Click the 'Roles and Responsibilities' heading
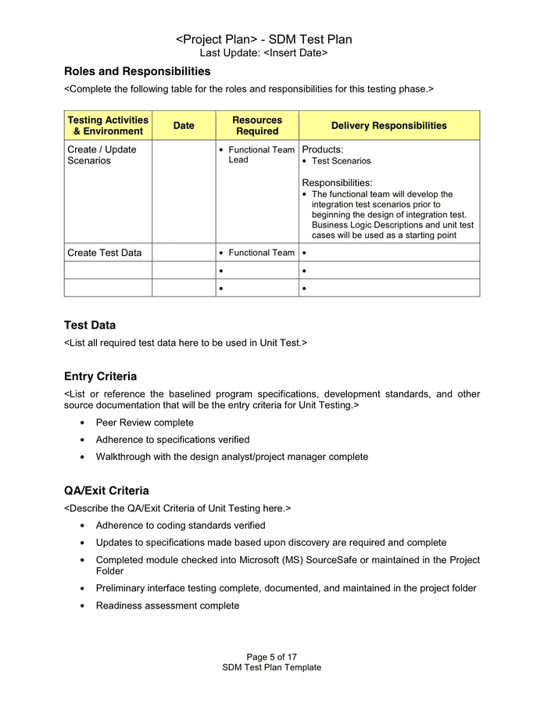tap(137, 71)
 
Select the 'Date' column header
tap(184, 125)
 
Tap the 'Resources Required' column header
tap(257, 125)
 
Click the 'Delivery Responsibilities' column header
tap(388, 125)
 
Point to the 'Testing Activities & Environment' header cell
tap(108, 125)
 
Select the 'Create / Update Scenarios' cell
tap(102, 155)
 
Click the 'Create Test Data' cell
tap(105, 253)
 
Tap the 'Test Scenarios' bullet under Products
tap(341, 161)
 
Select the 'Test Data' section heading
tap(90, 325)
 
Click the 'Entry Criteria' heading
tap(100, 376)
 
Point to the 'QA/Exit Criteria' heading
tap(106, 490)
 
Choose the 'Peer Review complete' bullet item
tap(145, 422)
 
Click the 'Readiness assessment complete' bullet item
tap(167, 605)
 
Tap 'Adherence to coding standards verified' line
tap(181, 525)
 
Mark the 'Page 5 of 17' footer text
tap(271, 657)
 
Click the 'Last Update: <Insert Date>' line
tap(263, 52)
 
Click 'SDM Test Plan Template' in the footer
tap(271, 667)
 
